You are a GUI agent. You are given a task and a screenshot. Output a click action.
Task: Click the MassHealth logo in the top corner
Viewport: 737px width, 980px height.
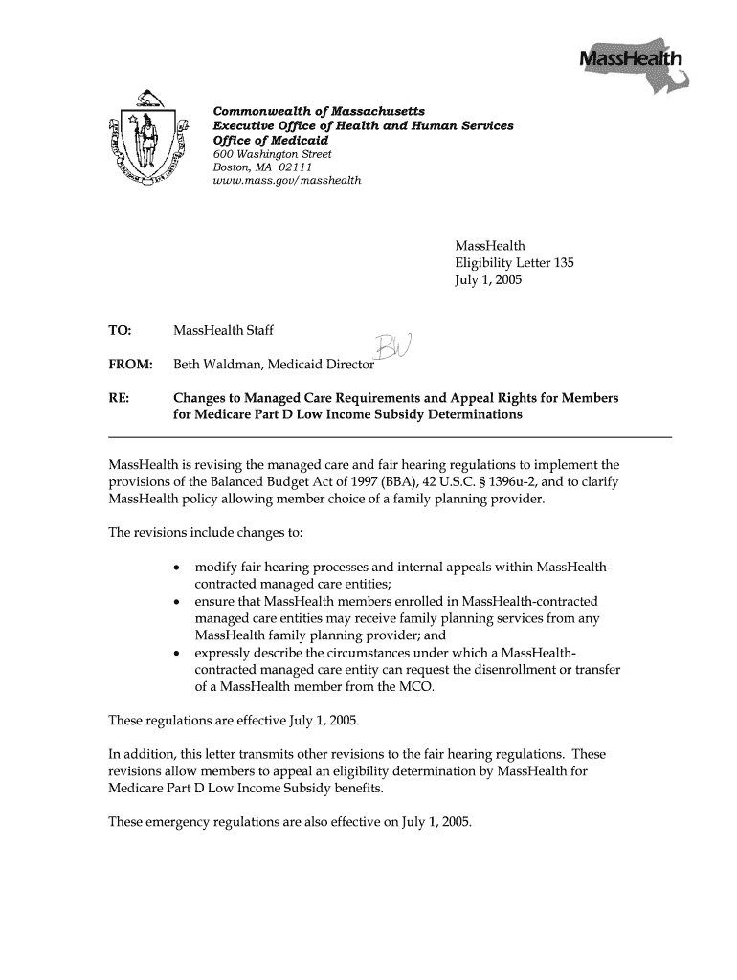(x=629, y=63)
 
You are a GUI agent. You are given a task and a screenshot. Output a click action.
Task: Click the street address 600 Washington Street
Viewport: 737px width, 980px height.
(x=272, y=154)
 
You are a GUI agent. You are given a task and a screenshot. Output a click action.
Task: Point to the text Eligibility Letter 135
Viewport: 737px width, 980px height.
(x=514, y=263)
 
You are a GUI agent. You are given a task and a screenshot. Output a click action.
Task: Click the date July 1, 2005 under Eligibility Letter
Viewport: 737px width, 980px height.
(x=488, y=280)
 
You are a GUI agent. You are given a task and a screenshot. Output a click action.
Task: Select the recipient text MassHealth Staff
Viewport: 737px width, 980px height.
(x=223, y=331)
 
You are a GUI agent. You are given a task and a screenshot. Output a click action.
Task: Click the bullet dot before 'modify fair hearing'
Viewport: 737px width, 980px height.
(x=179, y=568)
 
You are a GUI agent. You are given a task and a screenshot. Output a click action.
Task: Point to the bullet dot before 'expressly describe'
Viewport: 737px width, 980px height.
(x=179, y=654)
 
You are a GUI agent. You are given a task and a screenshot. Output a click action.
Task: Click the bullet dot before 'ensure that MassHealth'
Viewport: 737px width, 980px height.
(x=179, y=602)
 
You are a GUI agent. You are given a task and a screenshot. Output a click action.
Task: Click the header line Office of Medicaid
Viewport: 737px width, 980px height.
(x=271, y=140)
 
